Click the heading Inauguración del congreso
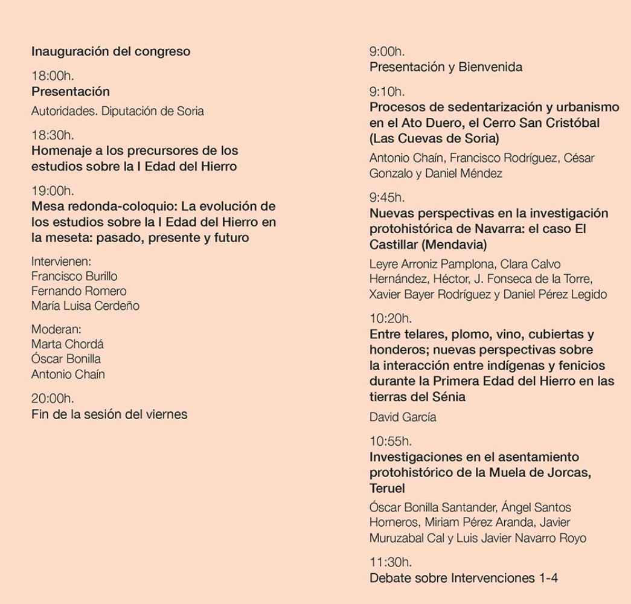coord(111,51)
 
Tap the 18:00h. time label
coord(53,76)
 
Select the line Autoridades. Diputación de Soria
coord(117,111)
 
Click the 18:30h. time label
coord(53,135)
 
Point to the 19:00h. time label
coord(53,191)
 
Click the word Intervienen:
coord(60,262)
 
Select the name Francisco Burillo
coord(74,276)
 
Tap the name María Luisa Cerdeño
coord(85,306)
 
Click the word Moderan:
coord(56,329)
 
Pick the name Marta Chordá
coord(67,344)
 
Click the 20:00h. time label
coord(53,399)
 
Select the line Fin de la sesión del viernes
coord(109,414)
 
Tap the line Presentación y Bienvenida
coord(446,67)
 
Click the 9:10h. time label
coord(387,92)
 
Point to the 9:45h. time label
coord(387,198)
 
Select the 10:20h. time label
coord(390,318)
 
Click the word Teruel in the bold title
coord(387,488)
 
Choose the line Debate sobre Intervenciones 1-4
coord(463,578)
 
